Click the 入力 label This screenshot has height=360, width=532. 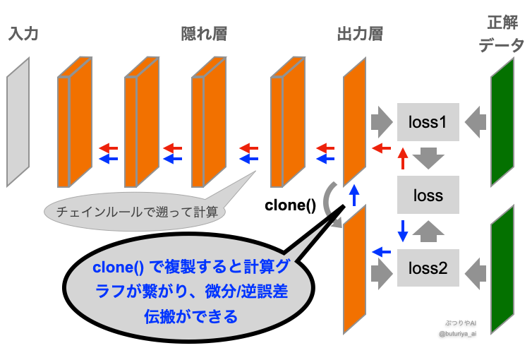[24, 33]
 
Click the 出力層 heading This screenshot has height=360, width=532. [361, 33]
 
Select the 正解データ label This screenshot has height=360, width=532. [502, 33]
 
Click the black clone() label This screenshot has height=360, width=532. [290, 206]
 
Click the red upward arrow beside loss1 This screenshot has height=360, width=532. [402, 159]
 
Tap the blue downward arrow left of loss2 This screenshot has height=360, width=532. [402, 229]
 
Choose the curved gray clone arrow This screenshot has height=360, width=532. [329, 203]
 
